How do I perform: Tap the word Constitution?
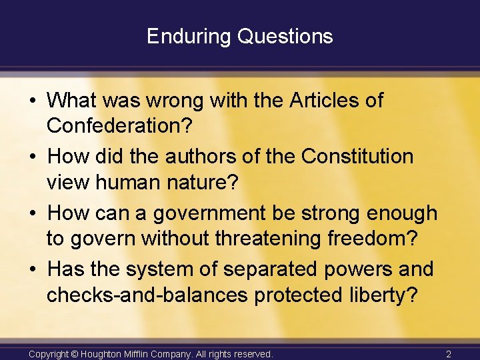(357, 157)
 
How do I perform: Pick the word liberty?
(377, 295)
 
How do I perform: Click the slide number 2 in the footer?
(449, 353)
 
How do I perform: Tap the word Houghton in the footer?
(105, 353)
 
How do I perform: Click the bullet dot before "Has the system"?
(32, 270)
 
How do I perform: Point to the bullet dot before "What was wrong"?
(32, 101)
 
